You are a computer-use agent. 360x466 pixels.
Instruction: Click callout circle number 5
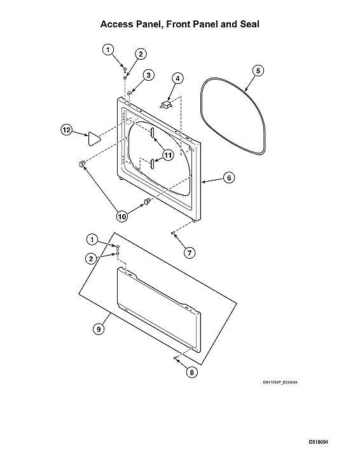[x=258, y=71]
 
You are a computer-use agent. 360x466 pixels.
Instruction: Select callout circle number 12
[x=67, y=130]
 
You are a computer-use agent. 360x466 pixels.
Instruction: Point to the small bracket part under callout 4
[x=167, y=101]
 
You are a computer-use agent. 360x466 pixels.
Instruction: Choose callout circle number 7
[x=190, y=252]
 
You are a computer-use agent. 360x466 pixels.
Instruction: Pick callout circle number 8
[x=190, y=373]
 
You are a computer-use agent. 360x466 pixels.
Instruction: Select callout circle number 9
[x=99, y=329]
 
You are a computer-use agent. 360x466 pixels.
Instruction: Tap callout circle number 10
[x=121, y=216]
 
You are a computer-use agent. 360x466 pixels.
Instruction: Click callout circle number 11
[x=168, y=154]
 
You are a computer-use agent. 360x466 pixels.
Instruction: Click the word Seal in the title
[x=248, y=24]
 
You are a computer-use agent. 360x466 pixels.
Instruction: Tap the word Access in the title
[x=118, y=24]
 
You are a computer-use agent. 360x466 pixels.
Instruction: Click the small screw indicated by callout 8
[x=174, y=359]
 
